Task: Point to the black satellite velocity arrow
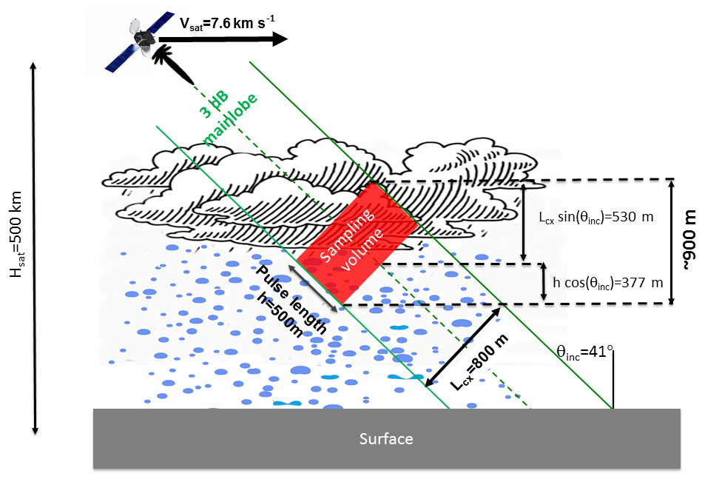pos(222,39)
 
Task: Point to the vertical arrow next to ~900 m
pos(670,241)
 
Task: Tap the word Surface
pos(385,439)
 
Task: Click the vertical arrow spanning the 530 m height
pos(524,222)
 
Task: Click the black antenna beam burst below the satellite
pos(174,64)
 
